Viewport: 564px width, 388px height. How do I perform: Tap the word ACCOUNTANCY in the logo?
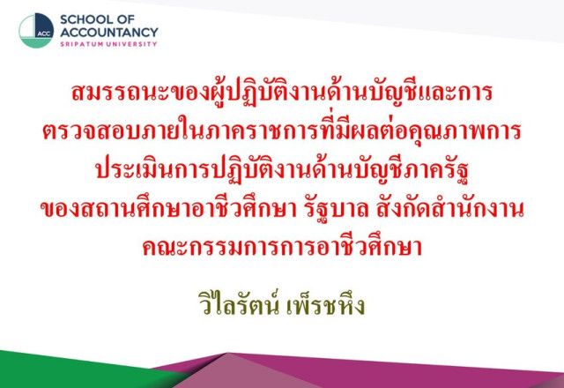[x=109, y=33]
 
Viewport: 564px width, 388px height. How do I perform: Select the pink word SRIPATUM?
[x=82, y=44]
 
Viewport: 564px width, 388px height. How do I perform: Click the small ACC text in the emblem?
[x=44, y=34]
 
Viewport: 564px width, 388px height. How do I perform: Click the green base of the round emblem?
[x=35, y=43]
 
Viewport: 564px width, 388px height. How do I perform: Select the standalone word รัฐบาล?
[x=333, y=210]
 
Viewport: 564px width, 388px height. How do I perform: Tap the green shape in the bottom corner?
[x=72, y=370]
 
